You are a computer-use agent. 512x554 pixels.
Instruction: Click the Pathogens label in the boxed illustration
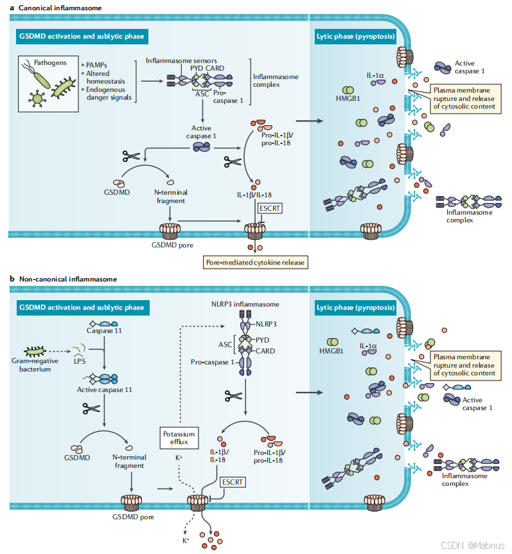point(50,62)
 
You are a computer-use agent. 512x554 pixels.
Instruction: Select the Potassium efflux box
point(179,438)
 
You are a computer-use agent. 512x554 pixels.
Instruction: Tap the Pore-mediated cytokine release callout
point(255,262)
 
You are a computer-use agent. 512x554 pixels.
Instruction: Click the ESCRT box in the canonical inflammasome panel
point(270,208)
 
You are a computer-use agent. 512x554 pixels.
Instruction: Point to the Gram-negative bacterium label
point(35,365)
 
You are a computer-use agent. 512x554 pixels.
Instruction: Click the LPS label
point(80,361)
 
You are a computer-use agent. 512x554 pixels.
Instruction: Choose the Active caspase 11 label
point(105,389)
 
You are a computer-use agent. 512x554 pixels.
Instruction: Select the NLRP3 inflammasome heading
point(245,304)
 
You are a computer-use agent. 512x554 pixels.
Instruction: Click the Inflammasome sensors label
point(181,61)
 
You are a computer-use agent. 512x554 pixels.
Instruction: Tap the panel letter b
point(12,279)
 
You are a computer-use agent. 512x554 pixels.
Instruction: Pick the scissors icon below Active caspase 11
point(91,409)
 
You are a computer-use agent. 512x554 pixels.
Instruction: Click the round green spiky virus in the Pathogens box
point(37,98)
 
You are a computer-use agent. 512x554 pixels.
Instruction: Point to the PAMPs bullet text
point(94,65)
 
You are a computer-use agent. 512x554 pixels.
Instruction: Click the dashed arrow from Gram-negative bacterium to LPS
point(59,351)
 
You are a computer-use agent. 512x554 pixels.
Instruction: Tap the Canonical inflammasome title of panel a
point(60,8)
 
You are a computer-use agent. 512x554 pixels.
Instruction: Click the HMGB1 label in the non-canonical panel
point(331,351)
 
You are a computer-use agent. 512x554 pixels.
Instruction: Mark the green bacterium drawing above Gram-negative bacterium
point(35,351)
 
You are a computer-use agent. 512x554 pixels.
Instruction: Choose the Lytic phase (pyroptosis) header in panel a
point(356,37)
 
